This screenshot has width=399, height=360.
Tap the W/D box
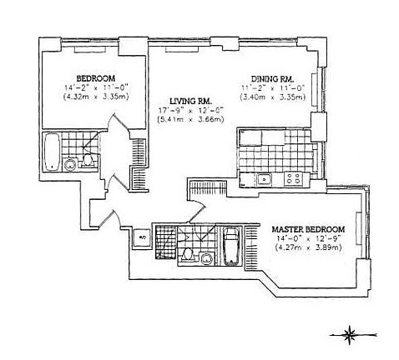pos(140,236)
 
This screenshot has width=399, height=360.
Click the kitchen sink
pos(265,178)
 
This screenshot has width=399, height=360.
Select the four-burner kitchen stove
pos(292,178)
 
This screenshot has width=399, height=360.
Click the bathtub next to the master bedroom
pos(231,247)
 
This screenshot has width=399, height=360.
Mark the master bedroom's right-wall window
pos(359,226)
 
